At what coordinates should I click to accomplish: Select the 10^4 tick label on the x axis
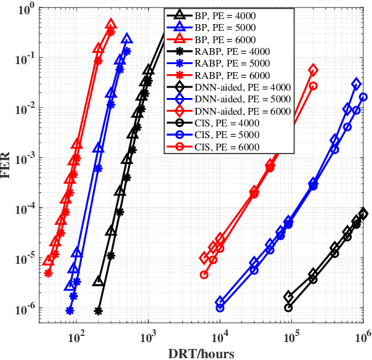(220, 338)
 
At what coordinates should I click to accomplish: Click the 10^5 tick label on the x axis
(291, 338)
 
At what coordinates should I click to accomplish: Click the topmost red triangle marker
(111, 24)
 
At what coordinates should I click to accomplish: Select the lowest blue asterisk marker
(70, 311)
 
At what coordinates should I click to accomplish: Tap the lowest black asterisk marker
(98, 311)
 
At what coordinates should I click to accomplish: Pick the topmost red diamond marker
(313, 70)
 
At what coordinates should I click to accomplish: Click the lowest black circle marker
(288, 307)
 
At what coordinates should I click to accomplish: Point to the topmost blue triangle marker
(127, 39)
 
